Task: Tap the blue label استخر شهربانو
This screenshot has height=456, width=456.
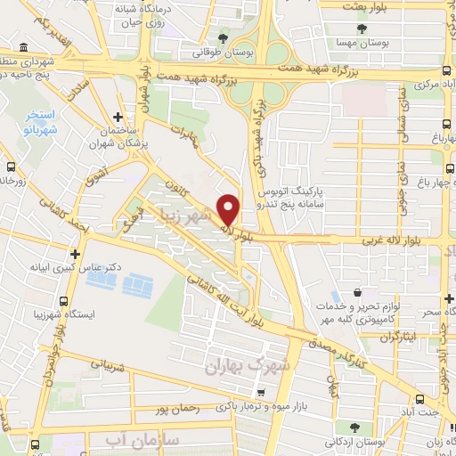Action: click(40, 123)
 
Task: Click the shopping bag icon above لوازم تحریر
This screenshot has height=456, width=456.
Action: click(357, 291)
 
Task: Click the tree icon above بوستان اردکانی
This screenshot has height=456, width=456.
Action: click(355, 427)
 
